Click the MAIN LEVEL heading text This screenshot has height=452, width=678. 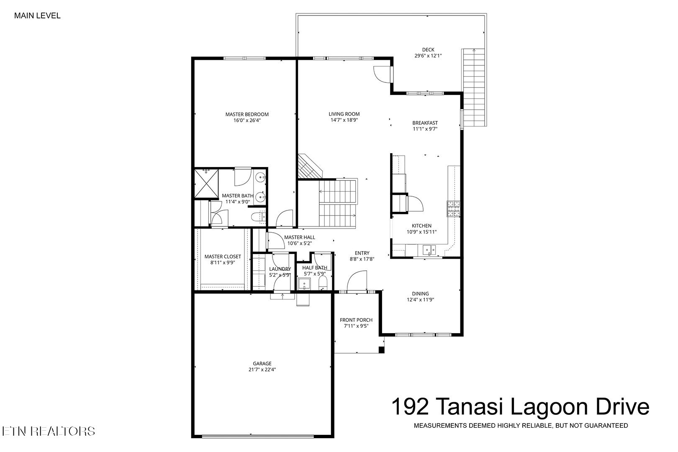pos(37,16)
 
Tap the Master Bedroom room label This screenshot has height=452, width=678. pos(247,114)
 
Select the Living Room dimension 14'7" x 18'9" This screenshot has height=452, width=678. pos(344,120)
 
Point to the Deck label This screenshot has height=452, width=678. pos(428,50)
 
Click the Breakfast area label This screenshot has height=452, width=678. pos(425,123)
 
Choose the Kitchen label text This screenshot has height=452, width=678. pos(421,226)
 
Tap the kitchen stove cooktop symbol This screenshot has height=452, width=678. pos(453,209)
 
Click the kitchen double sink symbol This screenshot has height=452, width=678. pos(429,250)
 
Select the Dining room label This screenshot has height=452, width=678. pos(421,294)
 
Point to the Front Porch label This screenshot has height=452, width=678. pos(356,320)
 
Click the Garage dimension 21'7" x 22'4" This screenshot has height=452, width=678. pos(262,370)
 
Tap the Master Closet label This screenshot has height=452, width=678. pos(223,257)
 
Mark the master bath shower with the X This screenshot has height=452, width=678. pos(206,183)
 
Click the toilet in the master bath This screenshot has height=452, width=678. pos(259,217)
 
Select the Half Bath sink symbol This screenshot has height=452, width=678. pos(304,284)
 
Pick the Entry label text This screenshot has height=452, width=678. pos(362,253)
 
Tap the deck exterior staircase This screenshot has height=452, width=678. pos(474,87)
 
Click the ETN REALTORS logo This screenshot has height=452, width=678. pos(49,431)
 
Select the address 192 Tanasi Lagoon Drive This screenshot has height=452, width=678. pos(520,406)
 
